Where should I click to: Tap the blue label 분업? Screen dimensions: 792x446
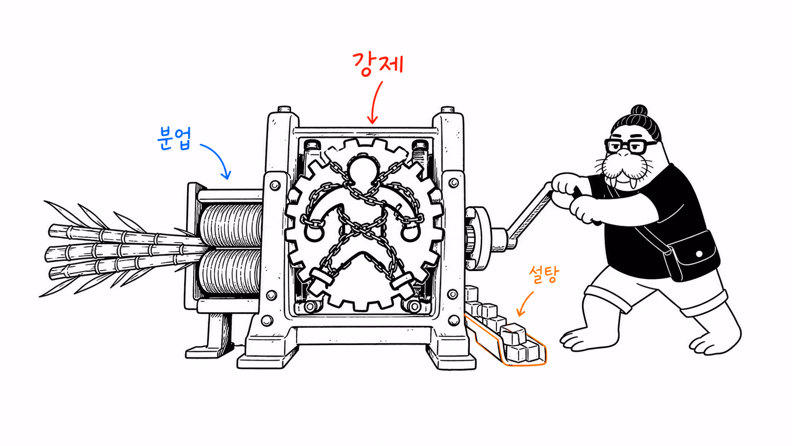[174, 138]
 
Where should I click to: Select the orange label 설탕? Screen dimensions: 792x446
[544, 274]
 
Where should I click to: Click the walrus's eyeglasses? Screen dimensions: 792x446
[630, 146]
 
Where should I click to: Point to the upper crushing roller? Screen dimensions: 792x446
[231, 225]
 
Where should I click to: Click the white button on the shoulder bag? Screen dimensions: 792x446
[699, 254]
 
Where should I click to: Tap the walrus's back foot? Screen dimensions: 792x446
[714, 339]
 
